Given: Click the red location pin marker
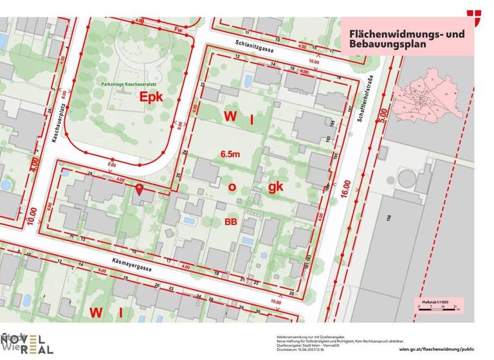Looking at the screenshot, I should coord(140,190).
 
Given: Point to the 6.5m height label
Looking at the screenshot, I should coord(230,154).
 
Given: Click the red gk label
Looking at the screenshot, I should coord(275,186).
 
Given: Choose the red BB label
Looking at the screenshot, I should coord(232,222).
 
